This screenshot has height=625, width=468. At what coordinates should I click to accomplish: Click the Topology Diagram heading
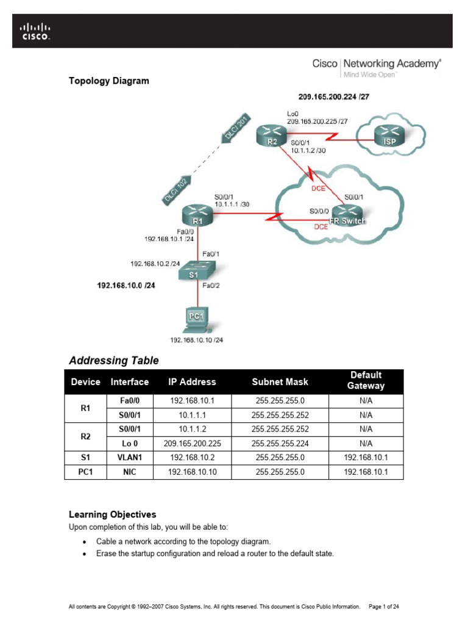108,81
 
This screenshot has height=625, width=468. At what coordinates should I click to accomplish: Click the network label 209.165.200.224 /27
334,96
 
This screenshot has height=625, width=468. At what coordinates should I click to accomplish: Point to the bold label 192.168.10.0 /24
126,285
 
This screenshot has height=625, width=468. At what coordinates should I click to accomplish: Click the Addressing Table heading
114,361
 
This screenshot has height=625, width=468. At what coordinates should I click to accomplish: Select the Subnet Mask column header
280,382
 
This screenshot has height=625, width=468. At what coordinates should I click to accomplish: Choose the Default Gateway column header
366,381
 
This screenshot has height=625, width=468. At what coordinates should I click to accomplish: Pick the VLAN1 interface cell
129,457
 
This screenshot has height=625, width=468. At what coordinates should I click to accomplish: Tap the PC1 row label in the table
85,471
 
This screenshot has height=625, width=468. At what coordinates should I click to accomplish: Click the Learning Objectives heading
112,515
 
